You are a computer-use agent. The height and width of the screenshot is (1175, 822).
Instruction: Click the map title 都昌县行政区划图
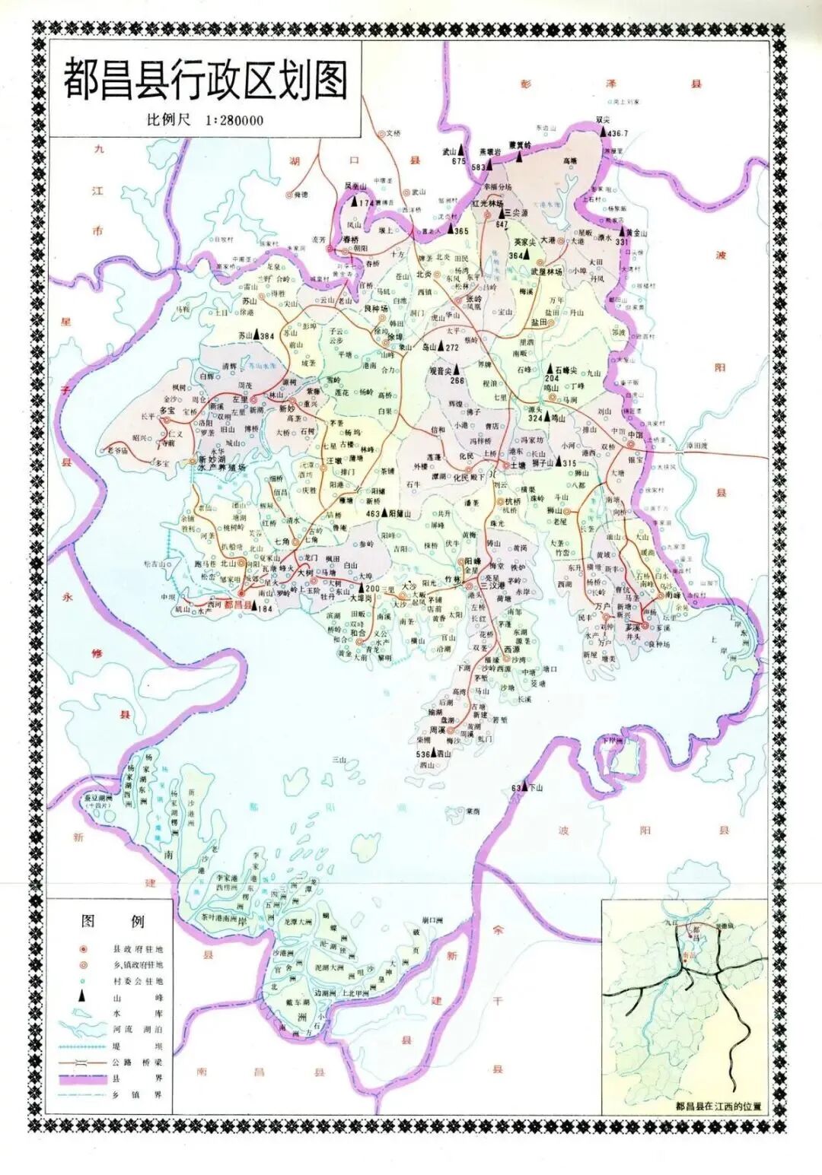pyautogui.click(x=205, y=80)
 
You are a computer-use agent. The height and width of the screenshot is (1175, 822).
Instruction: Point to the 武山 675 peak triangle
pyautogui.click(x=461, y=151)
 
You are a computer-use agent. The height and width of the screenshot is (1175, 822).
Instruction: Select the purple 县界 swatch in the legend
pyautogui.click(x=84, y=1078)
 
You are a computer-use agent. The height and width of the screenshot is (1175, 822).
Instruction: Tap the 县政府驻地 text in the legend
pyautogui.click(x=138, y=949)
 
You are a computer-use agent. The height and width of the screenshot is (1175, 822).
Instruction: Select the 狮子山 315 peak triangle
pyautogui.click(x=559, y=462)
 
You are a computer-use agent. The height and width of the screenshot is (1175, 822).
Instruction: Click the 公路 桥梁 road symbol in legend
pyautogui.click(x=84, y=1062)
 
